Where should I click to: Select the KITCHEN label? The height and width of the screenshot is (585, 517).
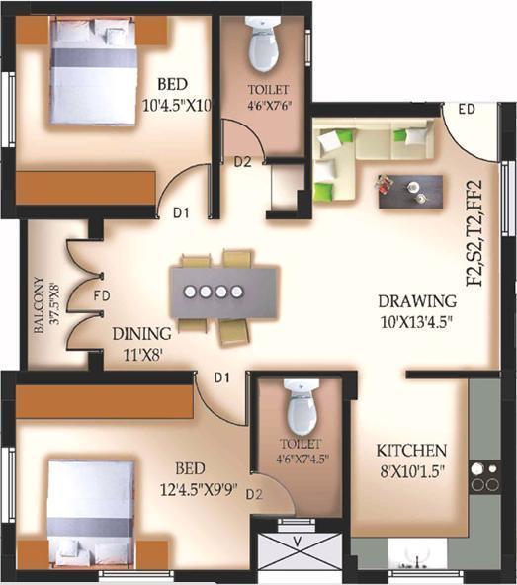click(412, 450)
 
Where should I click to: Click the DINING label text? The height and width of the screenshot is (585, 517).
click(141, 333)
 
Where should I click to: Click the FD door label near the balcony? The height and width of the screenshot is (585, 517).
click(102, 294)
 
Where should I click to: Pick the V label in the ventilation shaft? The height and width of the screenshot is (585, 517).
click(299, 542)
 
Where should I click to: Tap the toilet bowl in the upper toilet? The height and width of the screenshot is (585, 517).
click(262, 44)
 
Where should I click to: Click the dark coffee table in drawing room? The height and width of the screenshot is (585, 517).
click(408, 190)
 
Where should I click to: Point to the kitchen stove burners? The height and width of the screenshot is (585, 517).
click(484, 475)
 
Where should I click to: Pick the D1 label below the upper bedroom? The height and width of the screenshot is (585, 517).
click(181, 210)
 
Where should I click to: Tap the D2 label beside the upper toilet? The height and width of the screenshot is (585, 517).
click(242, 163)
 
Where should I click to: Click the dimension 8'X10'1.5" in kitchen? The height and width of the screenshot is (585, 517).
click(412, 471)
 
